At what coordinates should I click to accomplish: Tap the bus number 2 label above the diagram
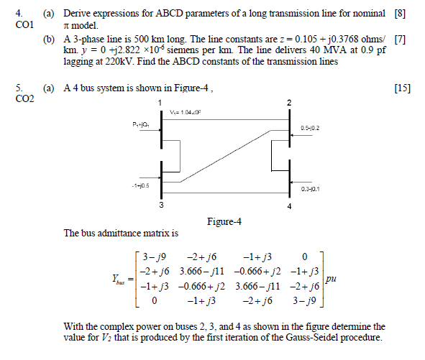click(x=290, y=104)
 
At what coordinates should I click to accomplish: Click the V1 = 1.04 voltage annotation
click(x=186, y=112)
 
